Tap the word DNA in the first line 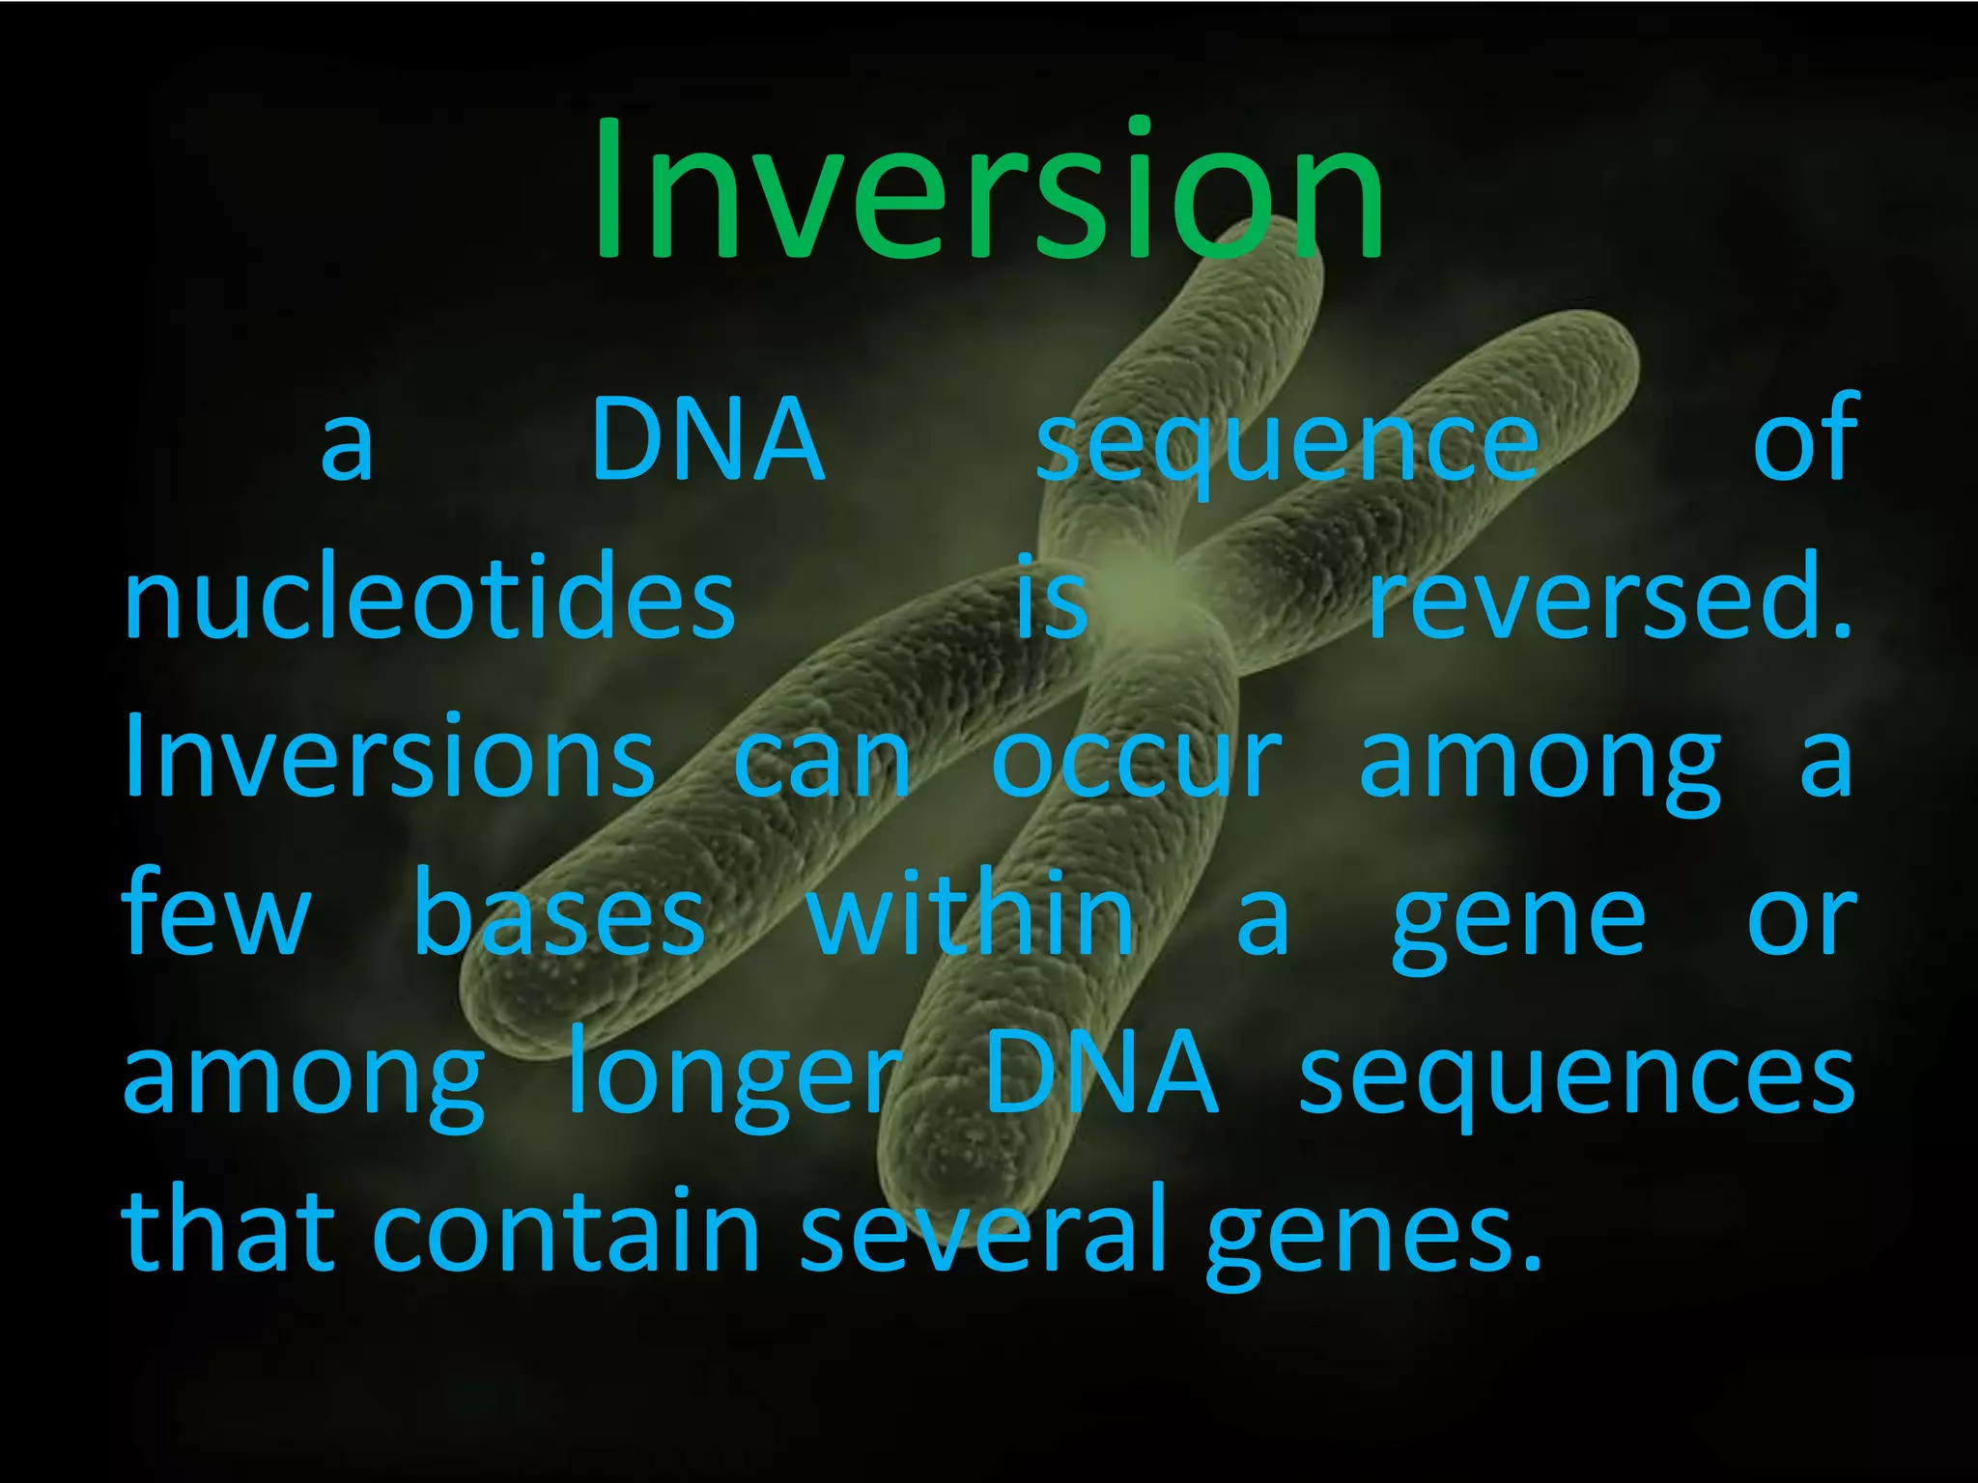coord(708,440)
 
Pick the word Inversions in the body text coord(389,758)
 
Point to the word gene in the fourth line coord(1518,922)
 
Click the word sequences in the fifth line coord(1576,1077)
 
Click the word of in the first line coord(1804,440)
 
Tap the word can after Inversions coord(822,763)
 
